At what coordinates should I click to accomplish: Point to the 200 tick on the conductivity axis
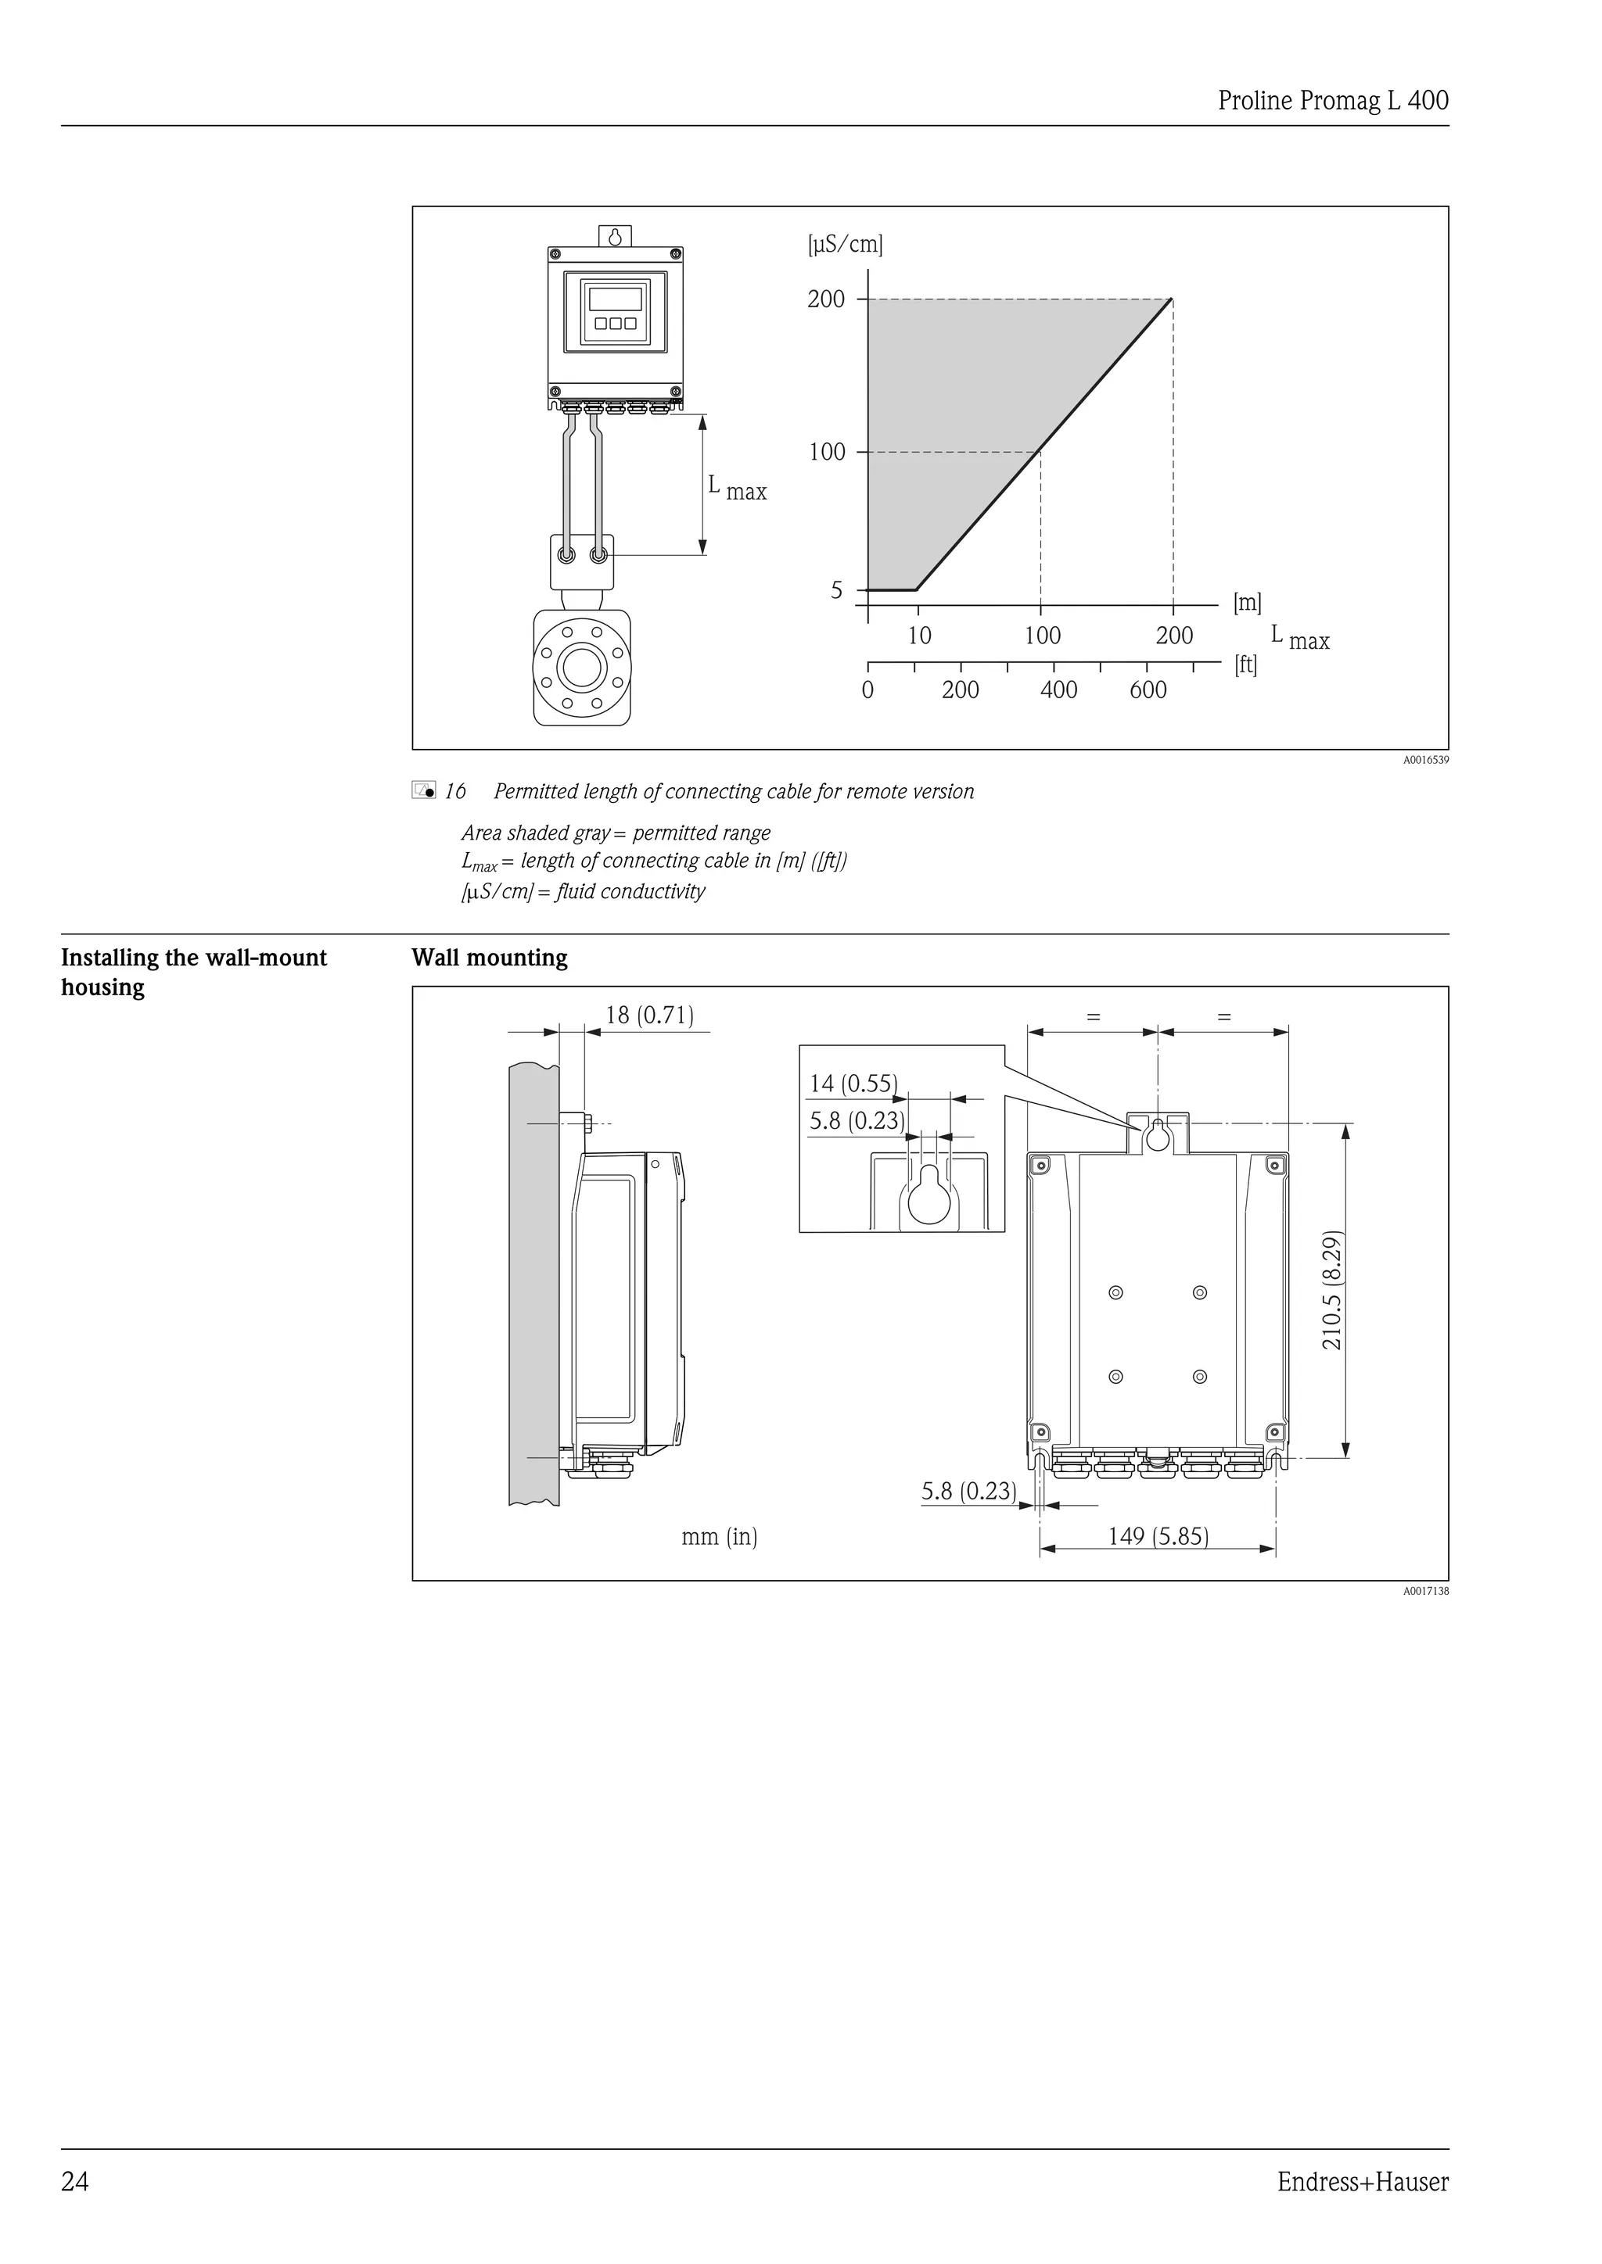pyautogui.click(x=826, y=299)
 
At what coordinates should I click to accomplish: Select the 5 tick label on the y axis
pyautogui.click(x=836, y=591)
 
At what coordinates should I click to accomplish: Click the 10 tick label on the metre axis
pyautogui.click(x=918, y=636)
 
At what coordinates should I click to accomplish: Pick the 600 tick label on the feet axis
pyautogui.click(x=1148, y=690)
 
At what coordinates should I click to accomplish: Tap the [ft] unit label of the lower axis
pyautogui.click(x=1246, y=665)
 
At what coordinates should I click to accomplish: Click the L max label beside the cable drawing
pyautogui.click(x=736, y=487)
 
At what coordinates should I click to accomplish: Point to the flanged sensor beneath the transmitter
pyautogui.click(x=581, y=668)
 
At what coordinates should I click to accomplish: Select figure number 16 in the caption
pyautogui.click(x=454, y=792)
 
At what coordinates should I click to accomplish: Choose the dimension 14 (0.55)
pyautogui.click(x=853, y=1084)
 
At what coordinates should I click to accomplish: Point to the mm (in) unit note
pyautogui.click(x=719, y=1536)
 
